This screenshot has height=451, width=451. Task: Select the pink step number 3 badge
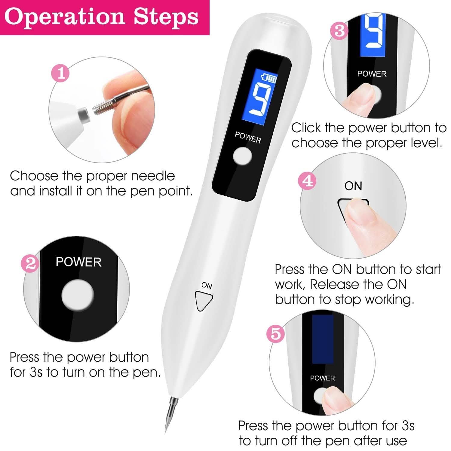(339, 31)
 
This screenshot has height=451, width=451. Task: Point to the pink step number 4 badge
(307, 181)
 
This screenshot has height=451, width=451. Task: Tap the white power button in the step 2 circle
(78, 295)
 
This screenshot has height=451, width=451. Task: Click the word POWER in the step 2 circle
(78, 262)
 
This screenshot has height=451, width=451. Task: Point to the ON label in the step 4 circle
(353, 186)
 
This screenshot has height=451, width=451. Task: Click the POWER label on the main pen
(248, 137)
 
